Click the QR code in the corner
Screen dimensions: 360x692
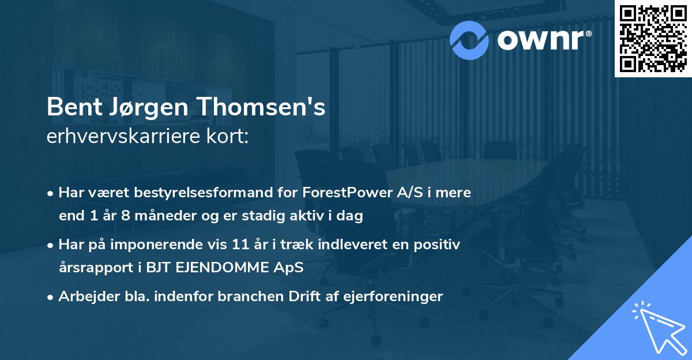point(653,38)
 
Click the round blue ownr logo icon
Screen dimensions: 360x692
point(470,39)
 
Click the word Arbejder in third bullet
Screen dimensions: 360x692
point(85,297)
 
